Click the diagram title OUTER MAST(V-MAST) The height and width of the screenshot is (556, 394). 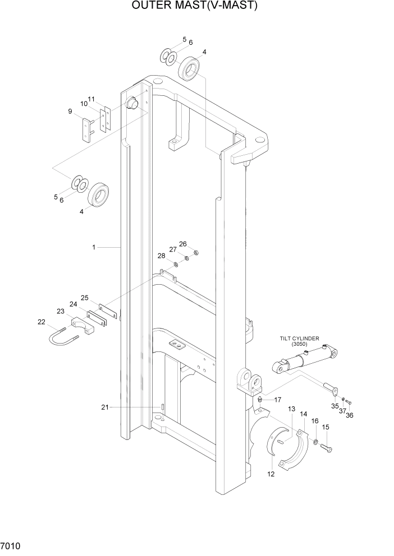click(195, 6)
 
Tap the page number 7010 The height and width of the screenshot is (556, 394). click(11, 545)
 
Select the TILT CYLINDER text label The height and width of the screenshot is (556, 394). click(300, 339)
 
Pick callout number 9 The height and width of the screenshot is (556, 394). click(70, 112)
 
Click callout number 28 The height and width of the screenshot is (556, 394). click(161, 256)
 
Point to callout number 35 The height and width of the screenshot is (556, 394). click(335, 406)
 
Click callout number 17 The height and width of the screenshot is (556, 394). click(278, 400)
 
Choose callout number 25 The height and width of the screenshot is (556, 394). click(85, 298)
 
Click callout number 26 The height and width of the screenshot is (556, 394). click(182, 244)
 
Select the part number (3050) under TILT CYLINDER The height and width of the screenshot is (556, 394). click(300, 344)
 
